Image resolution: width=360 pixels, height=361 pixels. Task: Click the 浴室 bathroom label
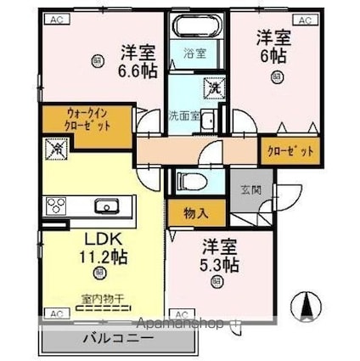[x=195, y=54]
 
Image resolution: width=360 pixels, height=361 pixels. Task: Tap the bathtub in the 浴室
[x=196, y=26]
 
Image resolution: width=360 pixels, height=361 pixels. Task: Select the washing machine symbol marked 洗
[x=211, y=87]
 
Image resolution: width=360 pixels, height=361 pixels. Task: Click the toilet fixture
[x=190, y=181]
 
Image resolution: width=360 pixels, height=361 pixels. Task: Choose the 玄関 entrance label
[x=250, y=189]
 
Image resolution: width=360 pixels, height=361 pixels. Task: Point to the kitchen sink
[x=107, y=207]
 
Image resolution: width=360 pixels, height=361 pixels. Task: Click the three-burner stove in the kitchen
[x=56, y=206]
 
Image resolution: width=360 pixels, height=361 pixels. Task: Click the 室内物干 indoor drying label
[x=101, y=298]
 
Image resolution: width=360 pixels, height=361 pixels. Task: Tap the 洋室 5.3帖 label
[x=220, y=256]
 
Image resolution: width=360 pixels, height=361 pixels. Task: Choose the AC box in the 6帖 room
[x=303, y=19]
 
